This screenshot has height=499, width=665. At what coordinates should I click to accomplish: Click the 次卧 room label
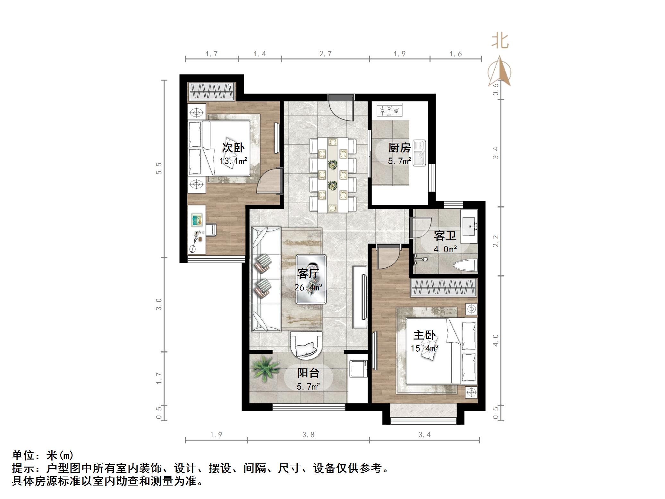(x=233, y=148)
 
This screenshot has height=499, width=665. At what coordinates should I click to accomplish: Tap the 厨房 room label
(x=399, y=148)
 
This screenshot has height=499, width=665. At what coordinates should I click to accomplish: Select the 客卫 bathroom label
(x=445, y=236)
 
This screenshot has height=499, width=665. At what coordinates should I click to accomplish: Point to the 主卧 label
(x=424, y=335)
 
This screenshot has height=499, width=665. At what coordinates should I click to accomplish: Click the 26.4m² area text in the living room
(x=308, y=287)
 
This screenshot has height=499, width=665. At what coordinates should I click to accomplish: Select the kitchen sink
(x=419, y=153)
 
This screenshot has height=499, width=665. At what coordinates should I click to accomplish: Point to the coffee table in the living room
(x=311, y=279)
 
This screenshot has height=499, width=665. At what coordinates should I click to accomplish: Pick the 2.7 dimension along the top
(x=325, y=54)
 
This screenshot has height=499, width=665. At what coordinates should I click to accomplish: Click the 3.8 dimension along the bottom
(x=308, y=435)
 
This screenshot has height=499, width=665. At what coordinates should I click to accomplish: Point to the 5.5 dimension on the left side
(x=159, y=168)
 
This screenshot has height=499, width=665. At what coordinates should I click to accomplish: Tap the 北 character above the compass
(x=500, y=41)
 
